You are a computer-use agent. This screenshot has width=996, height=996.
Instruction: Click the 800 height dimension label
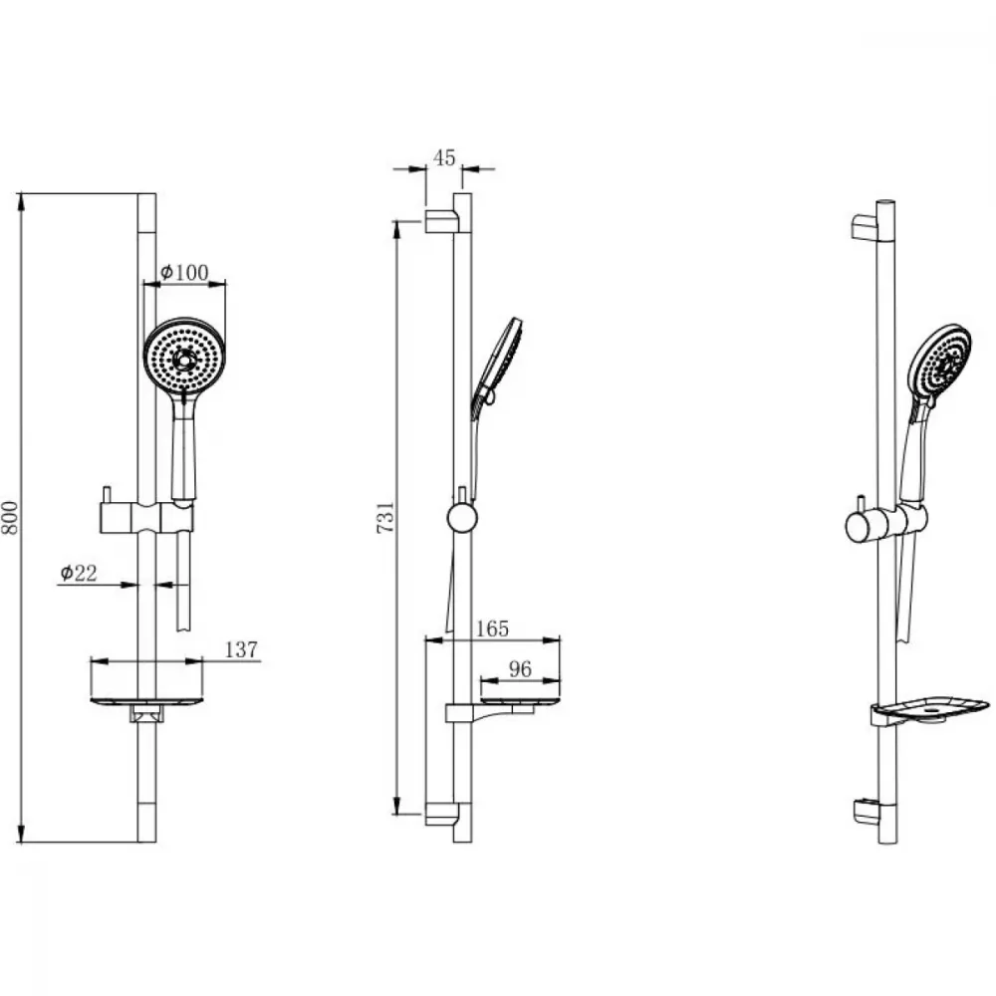(x=11, y=518)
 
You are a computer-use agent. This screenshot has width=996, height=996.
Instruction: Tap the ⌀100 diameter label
(x=184, y=273)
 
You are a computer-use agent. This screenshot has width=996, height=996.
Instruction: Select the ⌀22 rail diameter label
(x=79, y=573)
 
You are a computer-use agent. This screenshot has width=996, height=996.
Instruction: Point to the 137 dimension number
(x=241, y=649)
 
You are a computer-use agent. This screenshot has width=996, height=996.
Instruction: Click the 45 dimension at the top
(x=444, y=157)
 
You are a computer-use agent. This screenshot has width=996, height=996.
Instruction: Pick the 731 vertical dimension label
(x=386, y=517)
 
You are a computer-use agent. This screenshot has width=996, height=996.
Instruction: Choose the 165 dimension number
(x=492, y=628)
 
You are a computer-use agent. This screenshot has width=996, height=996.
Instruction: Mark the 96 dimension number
(x=520, y=669)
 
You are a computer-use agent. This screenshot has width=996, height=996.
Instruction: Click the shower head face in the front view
(x=184, y=360)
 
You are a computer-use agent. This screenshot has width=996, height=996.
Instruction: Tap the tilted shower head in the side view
(x=497, y=368)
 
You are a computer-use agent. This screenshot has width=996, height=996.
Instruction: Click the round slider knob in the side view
(x=462, y=518)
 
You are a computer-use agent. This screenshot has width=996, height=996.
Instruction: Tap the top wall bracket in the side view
(x=442, y=220)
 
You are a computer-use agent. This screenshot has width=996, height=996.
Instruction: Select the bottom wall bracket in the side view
(x=442, y=814)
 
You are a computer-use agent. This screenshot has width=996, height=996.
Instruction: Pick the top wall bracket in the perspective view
(x=864, y=227)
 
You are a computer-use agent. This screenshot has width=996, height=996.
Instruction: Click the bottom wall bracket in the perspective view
(x=865, y=812)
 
